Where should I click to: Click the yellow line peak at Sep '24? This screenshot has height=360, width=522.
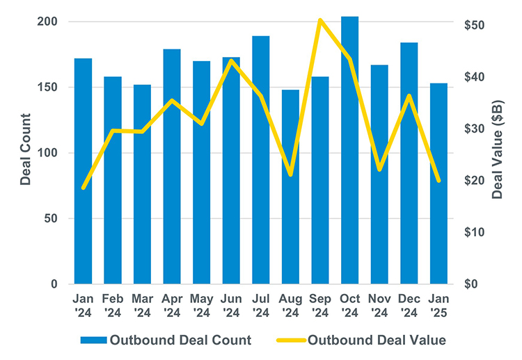click(x=319, y=20)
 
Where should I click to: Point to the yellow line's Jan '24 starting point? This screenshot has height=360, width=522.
click(x=83, y=188)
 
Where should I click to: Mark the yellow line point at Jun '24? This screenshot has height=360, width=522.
click(x=232, y=60)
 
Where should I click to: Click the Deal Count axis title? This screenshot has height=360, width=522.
click(x=26, y=149)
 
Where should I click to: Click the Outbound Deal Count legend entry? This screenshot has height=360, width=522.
click(x=166, y=341)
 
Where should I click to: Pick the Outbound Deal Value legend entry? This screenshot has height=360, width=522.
click(x=362, y=341)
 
